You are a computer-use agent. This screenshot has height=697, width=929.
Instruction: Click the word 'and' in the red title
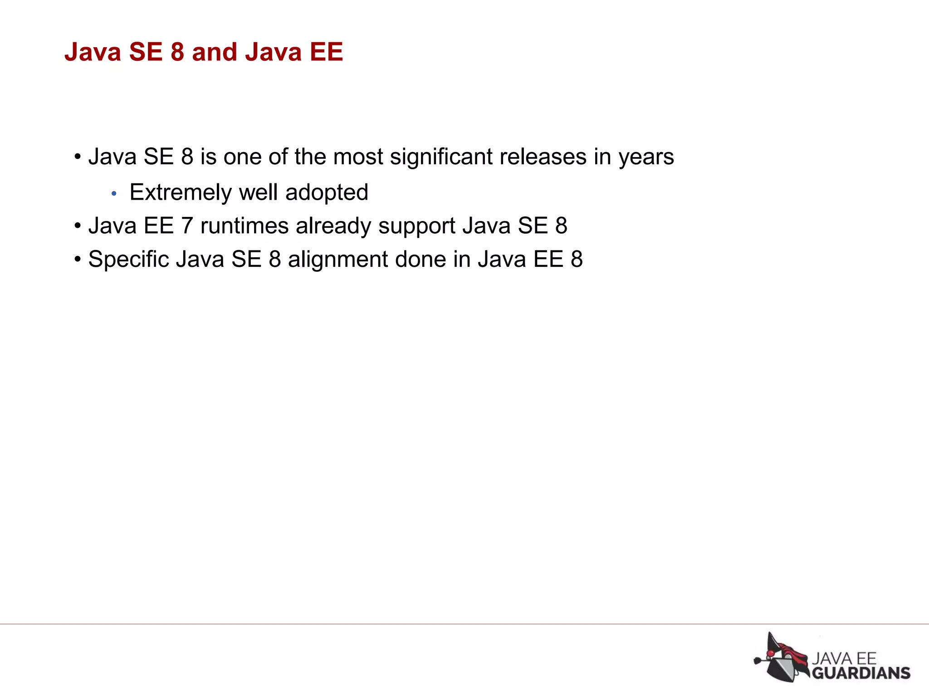215,52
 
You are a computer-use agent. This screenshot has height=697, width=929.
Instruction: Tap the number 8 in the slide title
177,52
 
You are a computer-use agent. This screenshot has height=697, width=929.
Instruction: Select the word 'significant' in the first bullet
441,157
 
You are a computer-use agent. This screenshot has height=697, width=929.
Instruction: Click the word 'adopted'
327,192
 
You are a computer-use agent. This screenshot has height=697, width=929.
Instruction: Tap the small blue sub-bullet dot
114,194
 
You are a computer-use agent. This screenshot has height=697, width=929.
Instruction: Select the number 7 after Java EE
187,226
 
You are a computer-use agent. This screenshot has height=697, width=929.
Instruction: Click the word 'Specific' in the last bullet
128,260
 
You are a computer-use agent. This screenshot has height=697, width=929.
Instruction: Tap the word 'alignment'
337,260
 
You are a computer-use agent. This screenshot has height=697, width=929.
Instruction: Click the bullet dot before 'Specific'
78,260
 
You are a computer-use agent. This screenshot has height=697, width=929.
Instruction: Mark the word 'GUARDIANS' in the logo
861,673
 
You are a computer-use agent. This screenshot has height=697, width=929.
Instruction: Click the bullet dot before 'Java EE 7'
78,226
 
